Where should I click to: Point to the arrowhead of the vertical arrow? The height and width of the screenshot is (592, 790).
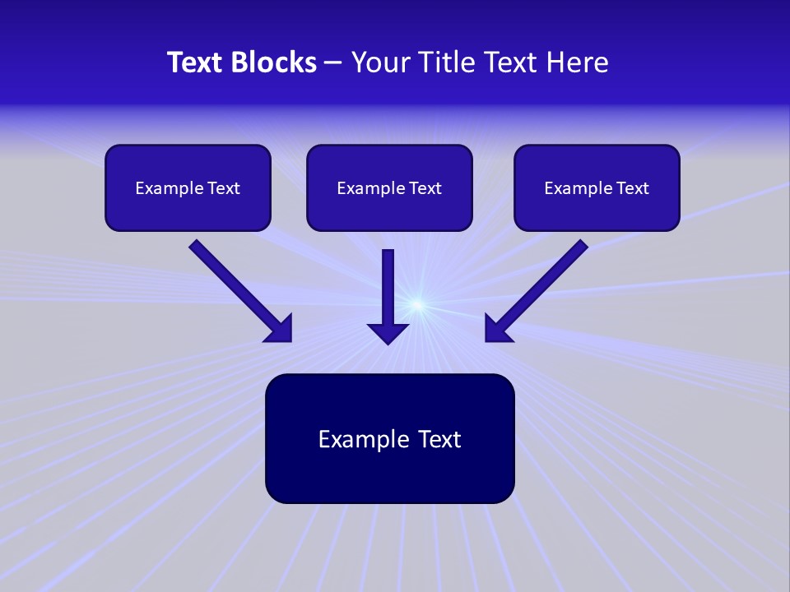[x=388, y=333]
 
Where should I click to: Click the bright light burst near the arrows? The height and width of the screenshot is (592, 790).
[x=417, y=306]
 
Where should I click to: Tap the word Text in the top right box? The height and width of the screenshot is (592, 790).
[x=633, y=188]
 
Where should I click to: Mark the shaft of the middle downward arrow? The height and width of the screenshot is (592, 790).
[x=388, y=284]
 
